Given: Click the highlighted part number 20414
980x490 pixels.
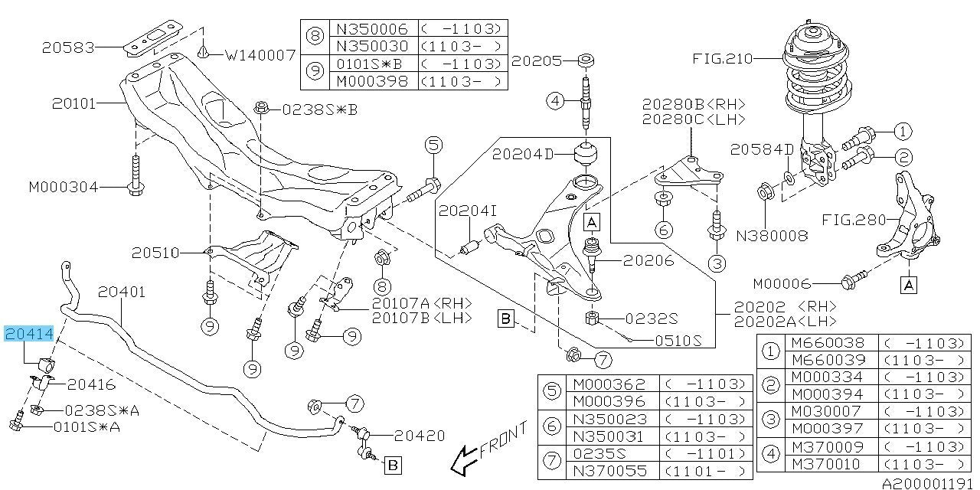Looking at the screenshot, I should (29, 334).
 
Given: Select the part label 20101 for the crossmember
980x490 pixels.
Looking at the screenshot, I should (74, 102).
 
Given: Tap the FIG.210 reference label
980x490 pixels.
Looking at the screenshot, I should (723, 58).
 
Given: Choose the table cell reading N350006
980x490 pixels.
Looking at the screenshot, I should (372, 29).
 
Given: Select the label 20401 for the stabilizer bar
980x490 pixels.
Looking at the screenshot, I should (121, 292).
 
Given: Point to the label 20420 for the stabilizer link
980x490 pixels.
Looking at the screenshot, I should (419, 436).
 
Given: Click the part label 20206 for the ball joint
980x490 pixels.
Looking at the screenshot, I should (648, 260).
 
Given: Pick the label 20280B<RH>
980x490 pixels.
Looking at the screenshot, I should (694, 105).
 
